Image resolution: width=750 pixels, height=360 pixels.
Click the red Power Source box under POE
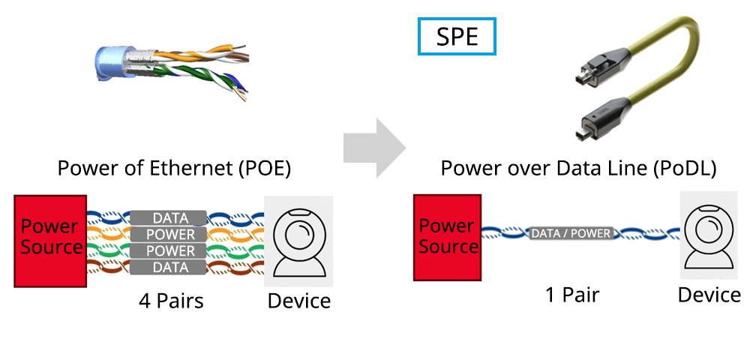(x=50, y=241)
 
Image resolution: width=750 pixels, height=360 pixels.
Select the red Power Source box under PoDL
(x=448, y=238)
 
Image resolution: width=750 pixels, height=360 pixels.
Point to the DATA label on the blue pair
(x=169, y=218)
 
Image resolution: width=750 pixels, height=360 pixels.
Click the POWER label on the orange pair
(x=169, y=235)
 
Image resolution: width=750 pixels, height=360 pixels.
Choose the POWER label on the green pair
(x=169, y=251)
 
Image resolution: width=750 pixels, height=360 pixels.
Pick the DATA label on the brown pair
(x=169, y=268)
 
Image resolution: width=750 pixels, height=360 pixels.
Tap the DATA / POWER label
(x=571, y=233)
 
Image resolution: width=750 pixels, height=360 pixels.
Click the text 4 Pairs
(x=171, y=301)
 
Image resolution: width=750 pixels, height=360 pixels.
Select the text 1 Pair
(x=572, y=295)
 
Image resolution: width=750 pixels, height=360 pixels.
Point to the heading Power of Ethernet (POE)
(x=174, y=168)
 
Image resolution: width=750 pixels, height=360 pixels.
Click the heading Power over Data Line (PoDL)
(x=578, y=168)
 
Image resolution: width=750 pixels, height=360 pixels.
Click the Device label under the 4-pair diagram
(x=299, y=301)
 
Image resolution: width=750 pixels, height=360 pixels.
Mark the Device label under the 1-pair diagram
(x=709, y=295)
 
